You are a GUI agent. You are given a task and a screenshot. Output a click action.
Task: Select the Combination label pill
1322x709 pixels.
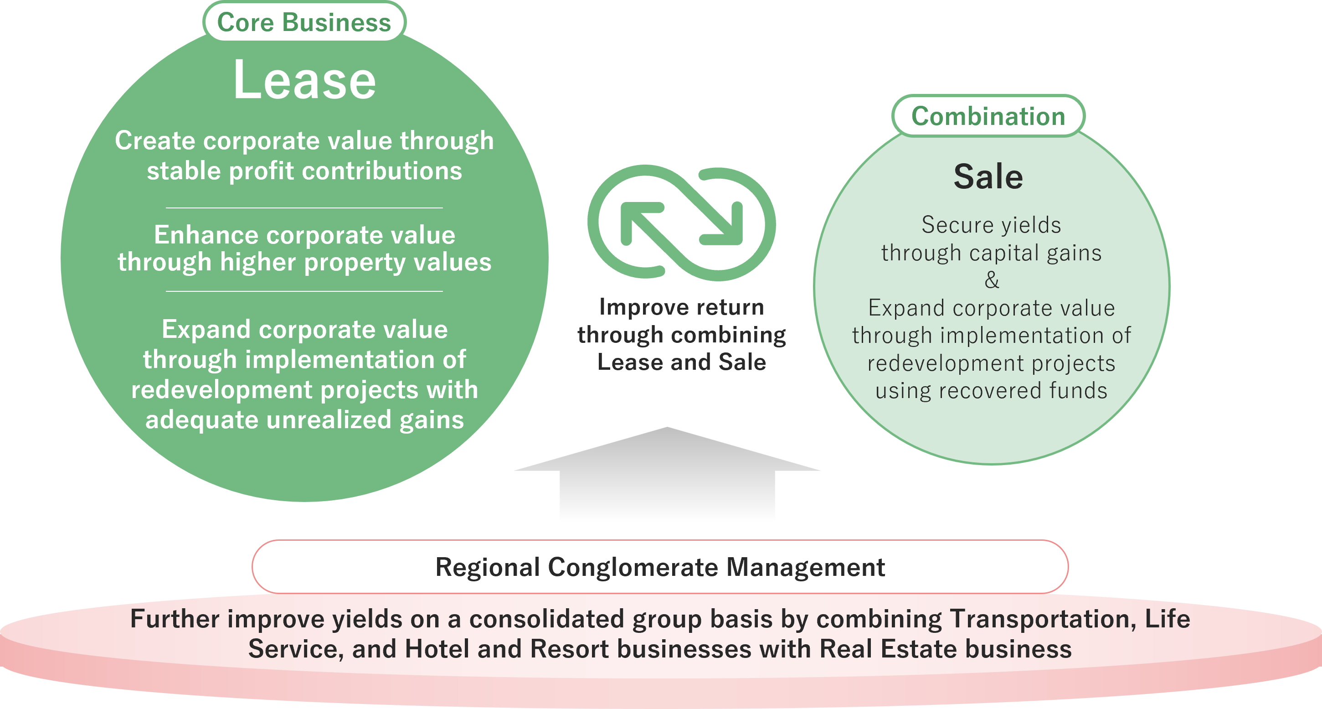988,116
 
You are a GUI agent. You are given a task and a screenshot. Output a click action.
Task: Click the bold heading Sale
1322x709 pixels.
988,176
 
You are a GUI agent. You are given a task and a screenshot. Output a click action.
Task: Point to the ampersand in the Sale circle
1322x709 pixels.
992,280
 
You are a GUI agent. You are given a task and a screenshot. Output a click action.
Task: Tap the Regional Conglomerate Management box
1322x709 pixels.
660,567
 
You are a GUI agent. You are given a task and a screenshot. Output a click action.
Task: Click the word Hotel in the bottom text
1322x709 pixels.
437,649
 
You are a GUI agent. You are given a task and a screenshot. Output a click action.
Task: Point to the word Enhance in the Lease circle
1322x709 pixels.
206,235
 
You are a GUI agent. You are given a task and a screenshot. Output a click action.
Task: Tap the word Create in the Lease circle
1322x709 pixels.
155,141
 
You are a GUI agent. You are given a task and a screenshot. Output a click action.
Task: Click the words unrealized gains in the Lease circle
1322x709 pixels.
365,420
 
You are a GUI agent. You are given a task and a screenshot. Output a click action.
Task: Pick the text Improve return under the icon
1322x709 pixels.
682,307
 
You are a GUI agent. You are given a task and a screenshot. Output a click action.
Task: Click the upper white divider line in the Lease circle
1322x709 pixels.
304,207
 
